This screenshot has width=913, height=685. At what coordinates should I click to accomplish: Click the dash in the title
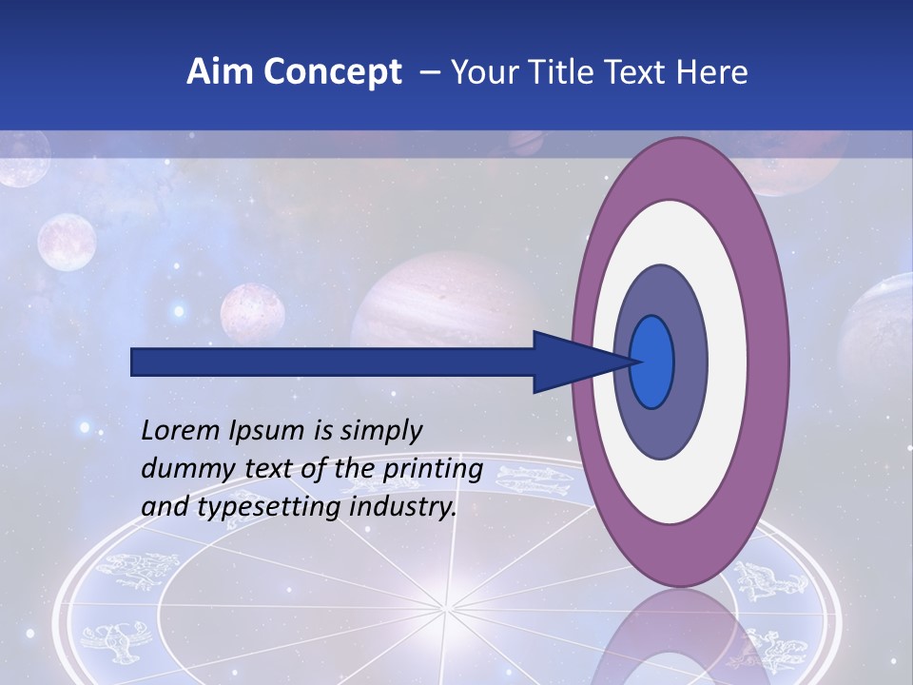(x=429, y=73)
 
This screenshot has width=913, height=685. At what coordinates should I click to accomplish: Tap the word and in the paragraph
(x=163, y=507)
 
